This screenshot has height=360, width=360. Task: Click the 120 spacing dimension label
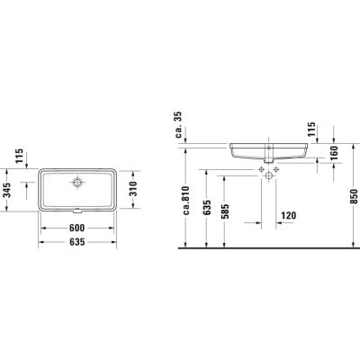pos(289,215)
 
